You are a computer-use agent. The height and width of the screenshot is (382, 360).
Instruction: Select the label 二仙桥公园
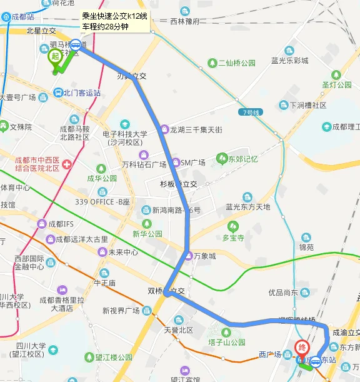point(236,64)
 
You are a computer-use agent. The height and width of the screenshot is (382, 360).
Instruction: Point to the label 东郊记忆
point(242,159)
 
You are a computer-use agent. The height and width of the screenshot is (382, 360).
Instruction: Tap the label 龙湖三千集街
point(196,130)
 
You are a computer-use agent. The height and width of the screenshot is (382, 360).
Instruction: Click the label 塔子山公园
point(226,343)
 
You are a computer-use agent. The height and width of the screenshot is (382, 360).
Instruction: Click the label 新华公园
point(147,234)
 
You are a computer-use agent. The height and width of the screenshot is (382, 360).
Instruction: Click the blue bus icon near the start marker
point(76,44)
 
